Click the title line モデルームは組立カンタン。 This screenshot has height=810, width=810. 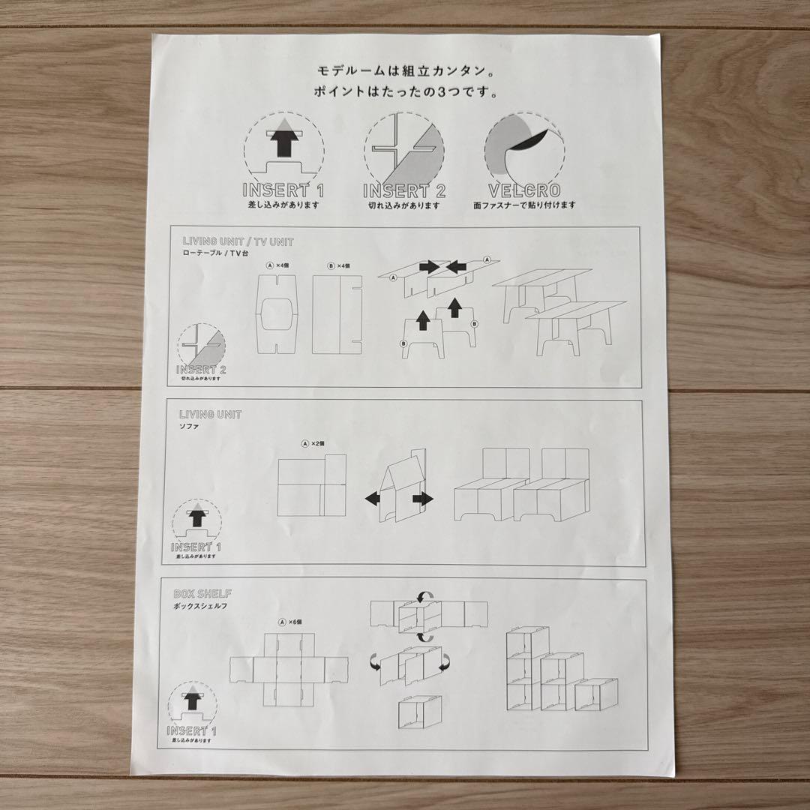(x=403, y=71)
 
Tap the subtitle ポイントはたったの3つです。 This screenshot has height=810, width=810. (x=403, y=93)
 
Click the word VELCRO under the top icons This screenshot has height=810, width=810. (x=524, y=190)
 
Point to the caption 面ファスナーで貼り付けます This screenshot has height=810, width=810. (x=524, y=205)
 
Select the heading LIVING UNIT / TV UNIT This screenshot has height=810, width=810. (x=238, y=241)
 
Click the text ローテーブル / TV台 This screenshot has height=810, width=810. (x=217, y=253)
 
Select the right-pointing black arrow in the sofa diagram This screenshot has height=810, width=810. (x=423, y=499)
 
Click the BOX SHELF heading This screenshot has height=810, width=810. (x=205, y=592)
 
